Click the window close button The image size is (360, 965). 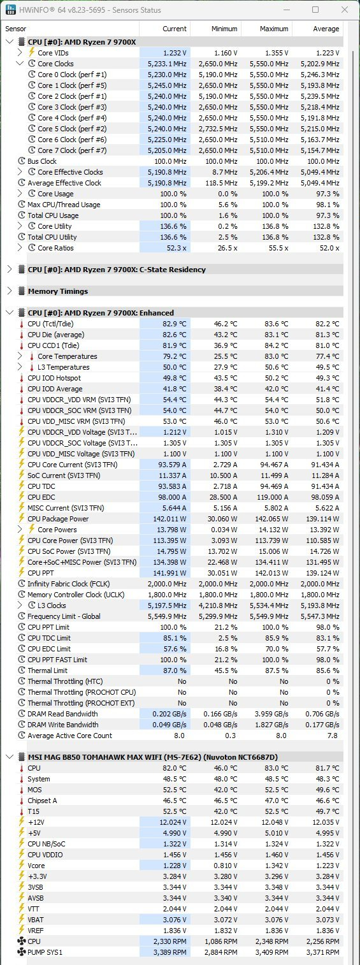point(345,10)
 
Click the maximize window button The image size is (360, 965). point(315,10)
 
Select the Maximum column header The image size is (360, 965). point(274,29)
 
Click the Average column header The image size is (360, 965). point(326,29)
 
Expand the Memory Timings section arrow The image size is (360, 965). point(10,291)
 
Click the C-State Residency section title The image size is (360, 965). point(117,270)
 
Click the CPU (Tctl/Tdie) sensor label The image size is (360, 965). point(50,324)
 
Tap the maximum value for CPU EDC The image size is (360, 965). point(271,497)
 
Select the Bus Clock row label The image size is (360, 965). point(42,161)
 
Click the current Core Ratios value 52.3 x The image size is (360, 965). point(176,248)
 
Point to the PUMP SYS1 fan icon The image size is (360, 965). point(22,952)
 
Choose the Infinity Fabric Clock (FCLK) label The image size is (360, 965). point(68,584)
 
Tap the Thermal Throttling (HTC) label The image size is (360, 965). point(65,681)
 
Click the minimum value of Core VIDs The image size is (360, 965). point(226,53)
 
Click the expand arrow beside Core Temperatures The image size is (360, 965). point(20,356)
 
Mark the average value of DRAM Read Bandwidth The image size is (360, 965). point(322,714)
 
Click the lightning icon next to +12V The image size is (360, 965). point(22,822)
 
